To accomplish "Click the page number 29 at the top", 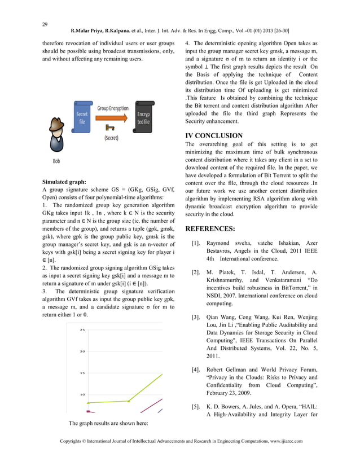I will [45, 24].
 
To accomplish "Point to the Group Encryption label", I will [113, 108].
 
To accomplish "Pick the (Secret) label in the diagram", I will [111, 137].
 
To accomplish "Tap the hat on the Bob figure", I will [56, 122].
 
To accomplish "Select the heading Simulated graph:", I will [64, 182].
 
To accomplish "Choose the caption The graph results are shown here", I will [108, 423].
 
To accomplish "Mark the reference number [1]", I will [196, 243].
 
